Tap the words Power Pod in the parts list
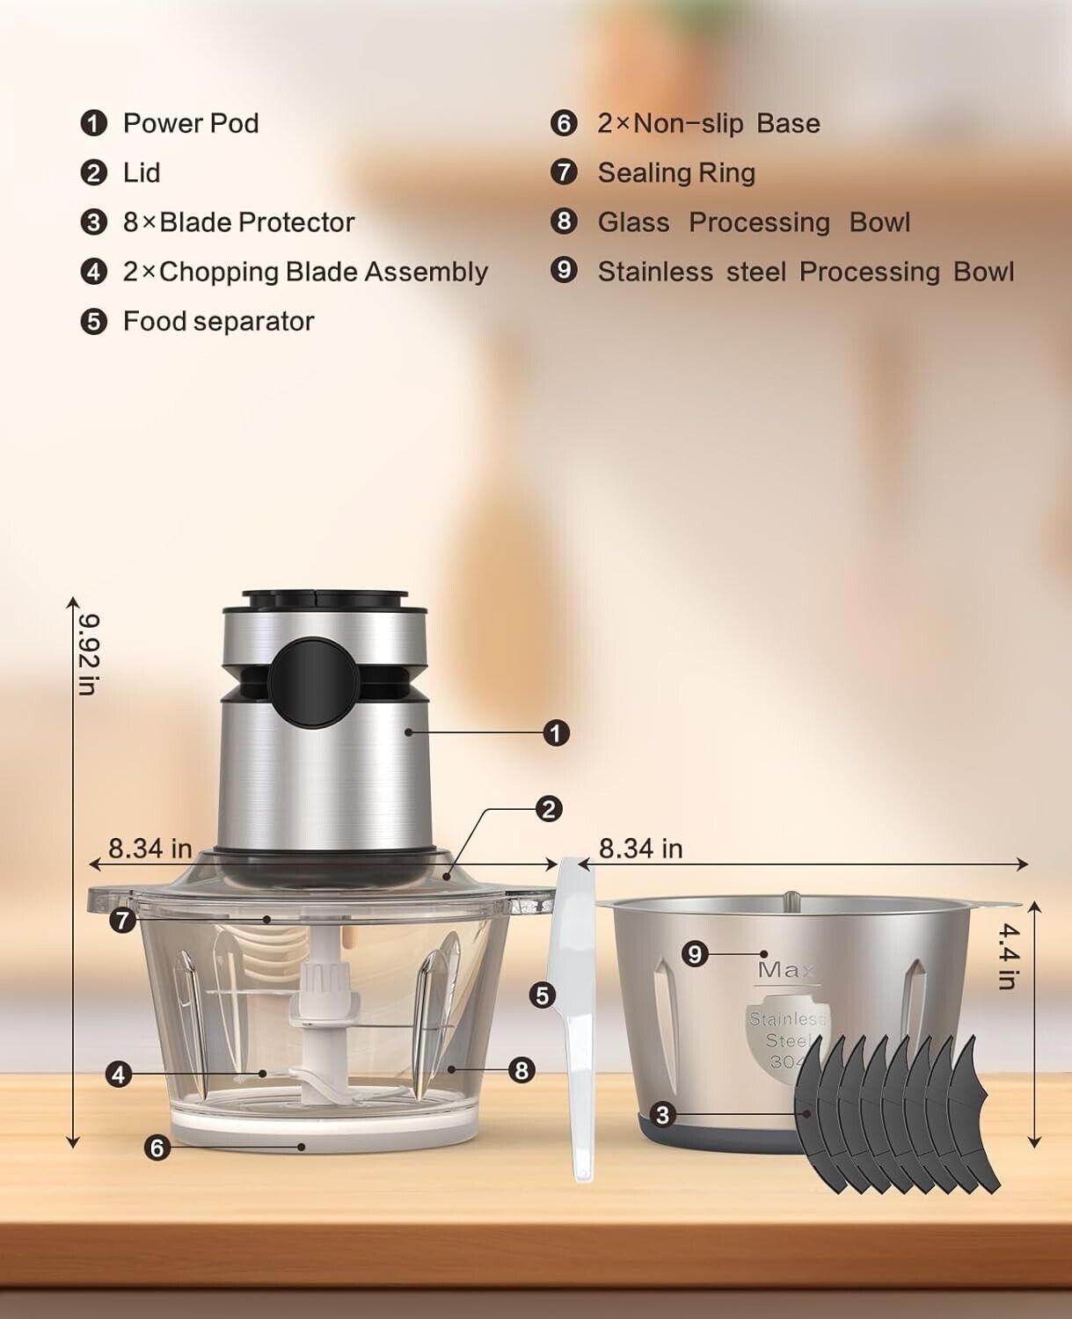click(x=191, y=123)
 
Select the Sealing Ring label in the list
click(x=676, y=172)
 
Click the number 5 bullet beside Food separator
click(x=94, y=322)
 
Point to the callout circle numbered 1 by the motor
click(x=556, y=734)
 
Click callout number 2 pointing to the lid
click(x=549, y=809)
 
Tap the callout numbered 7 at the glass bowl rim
click(x=122, y=920)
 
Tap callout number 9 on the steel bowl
click(x=695, y=954)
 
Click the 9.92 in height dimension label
click(x=90, y=654)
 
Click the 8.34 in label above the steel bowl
click(x=640, y=849)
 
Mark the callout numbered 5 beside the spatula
click(x=543, y=995)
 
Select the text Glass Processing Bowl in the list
click(x=754, y=222)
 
